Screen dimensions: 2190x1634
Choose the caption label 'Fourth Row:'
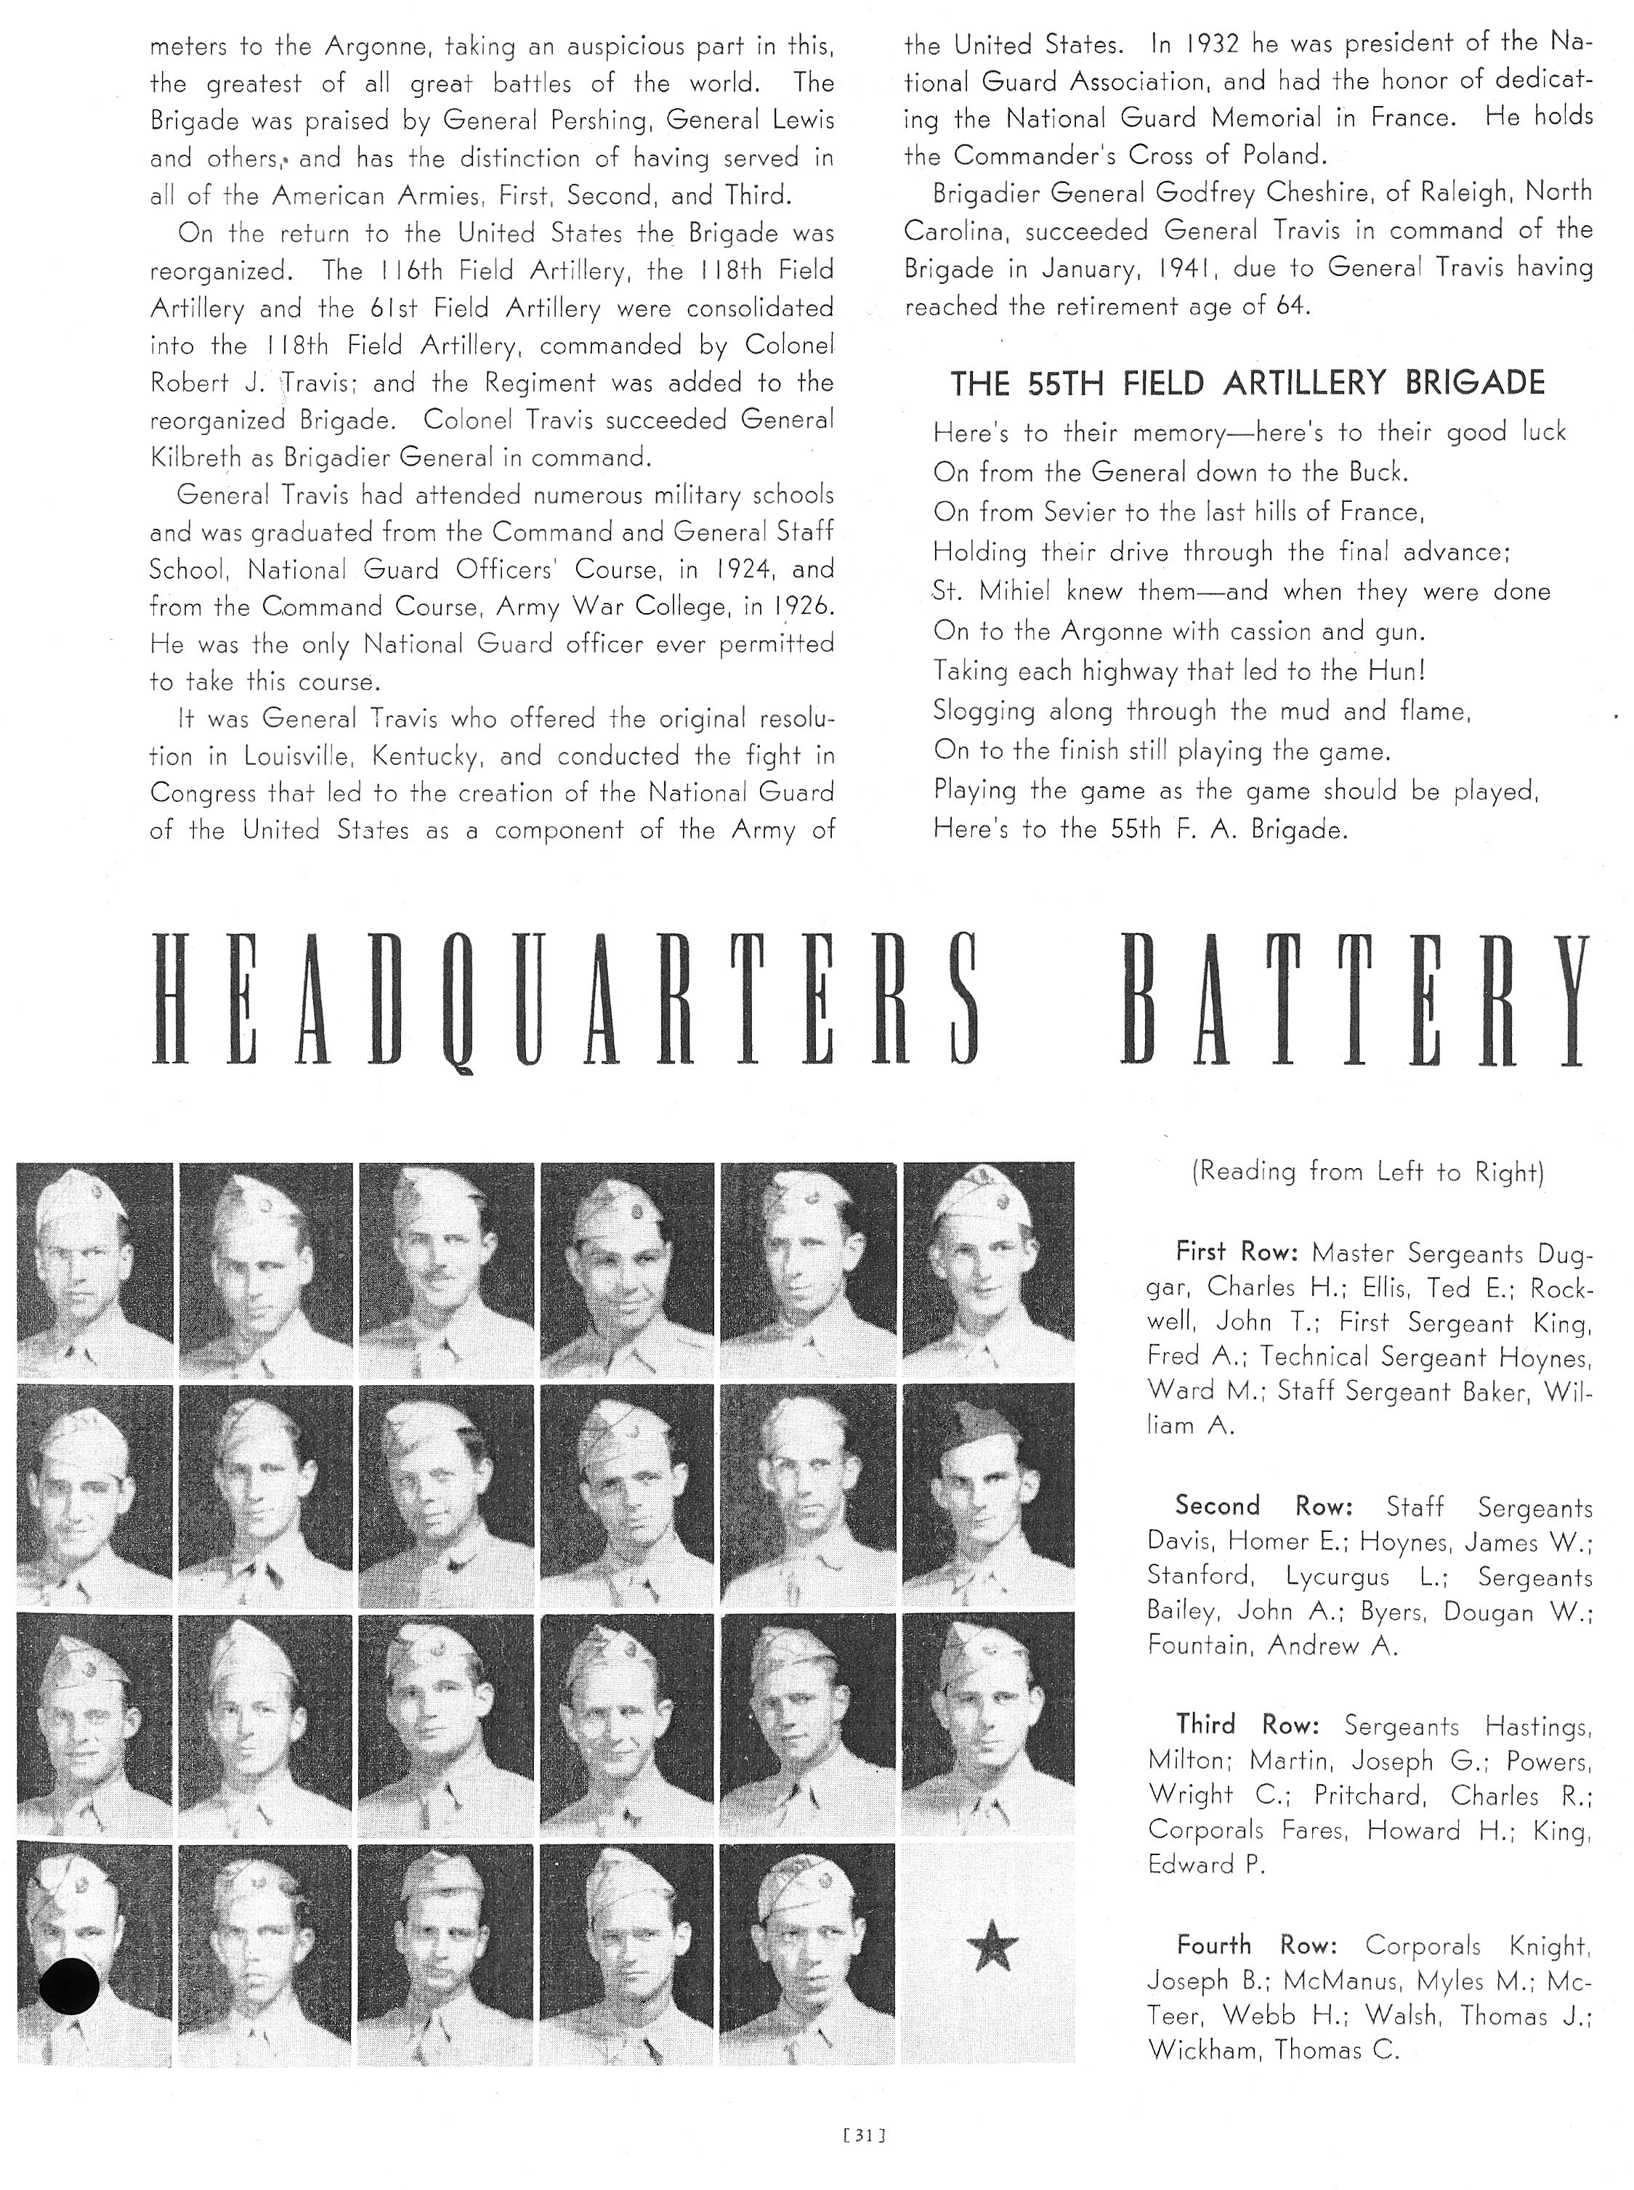[1256, 1944]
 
